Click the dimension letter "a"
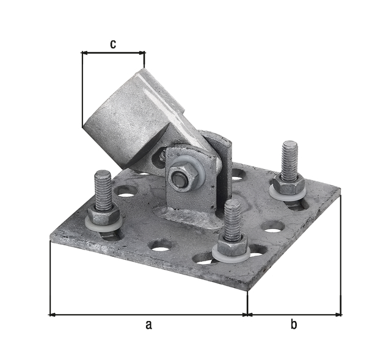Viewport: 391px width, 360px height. click(148, 325)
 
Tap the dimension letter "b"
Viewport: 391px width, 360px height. click(294, 325)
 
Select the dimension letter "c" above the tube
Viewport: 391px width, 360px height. click(113, 43)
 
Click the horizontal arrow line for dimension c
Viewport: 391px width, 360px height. click(113, 53)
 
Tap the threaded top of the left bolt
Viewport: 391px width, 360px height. click(103, 187)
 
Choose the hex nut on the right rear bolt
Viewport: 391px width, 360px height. click(288, 183)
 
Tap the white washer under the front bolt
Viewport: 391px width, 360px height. click(231, 255)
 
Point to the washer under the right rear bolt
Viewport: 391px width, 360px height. click(288, 193)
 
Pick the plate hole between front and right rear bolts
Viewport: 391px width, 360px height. click(272, 226)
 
